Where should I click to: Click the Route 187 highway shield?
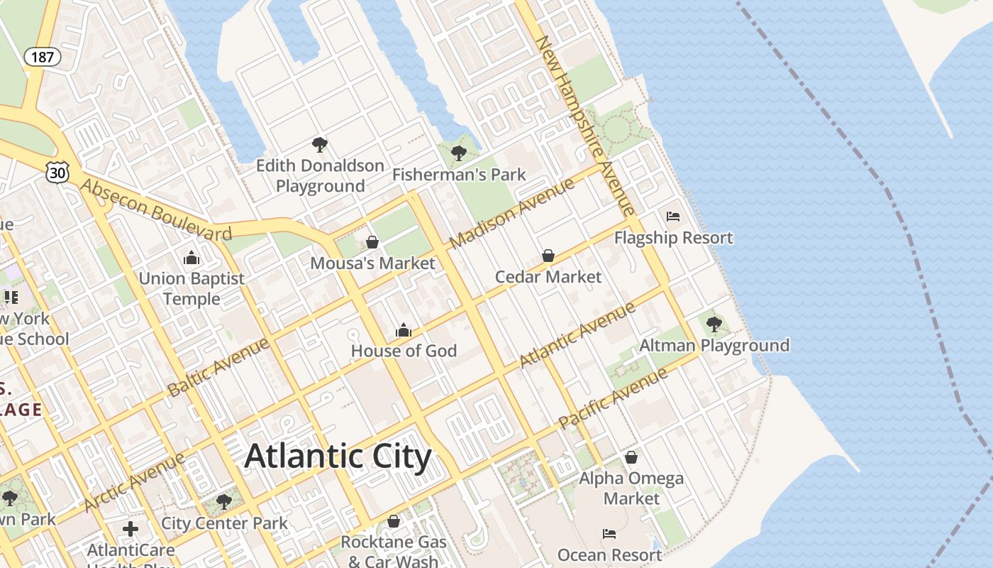click(43, 57)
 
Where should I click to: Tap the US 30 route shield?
click(58, 171)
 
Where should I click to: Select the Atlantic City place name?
click(338, 457)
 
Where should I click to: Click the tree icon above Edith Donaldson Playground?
click(320, 145)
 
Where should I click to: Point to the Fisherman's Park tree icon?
click(459, 153)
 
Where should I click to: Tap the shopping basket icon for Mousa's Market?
click(372, 242)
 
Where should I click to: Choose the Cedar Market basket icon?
click(548, 256)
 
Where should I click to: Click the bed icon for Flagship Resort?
click(673, 217)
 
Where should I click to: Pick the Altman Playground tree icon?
click(714, 324)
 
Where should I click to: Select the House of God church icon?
click(404, 330)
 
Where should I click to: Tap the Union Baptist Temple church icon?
click(191, 258)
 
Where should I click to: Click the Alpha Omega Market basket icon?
click(631, 457)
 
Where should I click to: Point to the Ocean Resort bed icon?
click(609, 534)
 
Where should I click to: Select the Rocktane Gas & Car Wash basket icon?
click(394, 522)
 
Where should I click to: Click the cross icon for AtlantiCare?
click(131, 529)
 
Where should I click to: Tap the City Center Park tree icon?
click(224, 502)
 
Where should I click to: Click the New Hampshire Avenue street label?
click(584, 126)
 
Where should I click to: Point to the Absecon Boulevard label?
click(156, 210)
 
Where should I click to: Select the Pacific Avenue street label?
click(613, 398)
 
